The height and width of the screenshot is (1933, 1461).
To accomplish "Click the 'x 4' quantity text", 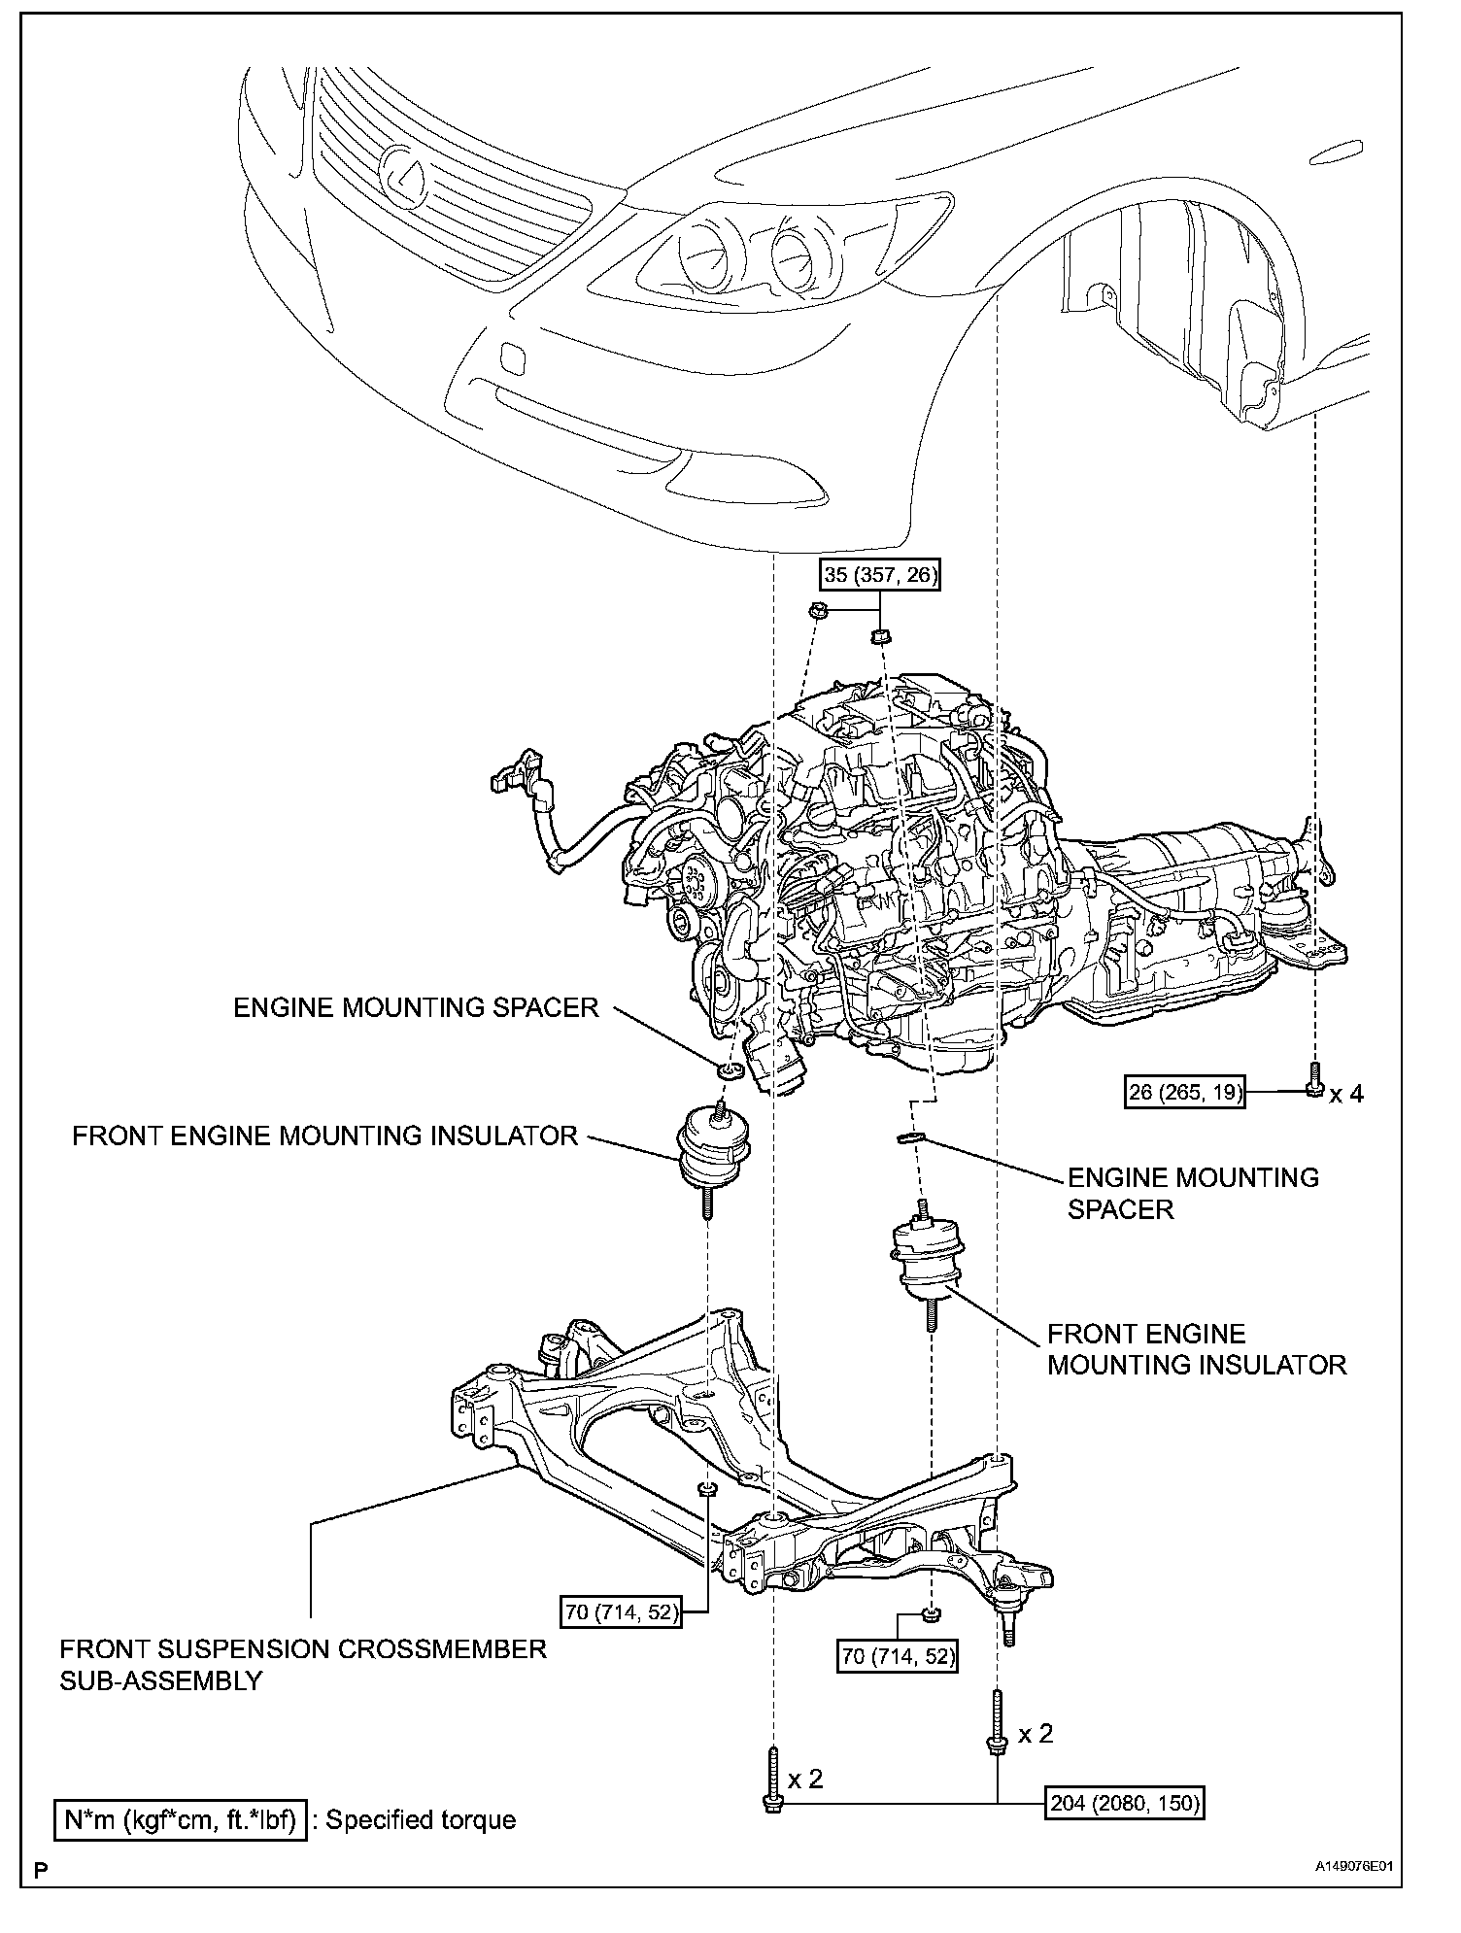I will tap(1346, 1094).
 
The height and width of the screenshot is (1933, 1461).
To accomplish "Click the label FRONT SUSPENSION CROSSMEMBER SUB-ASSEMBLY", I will tap(303, 1665).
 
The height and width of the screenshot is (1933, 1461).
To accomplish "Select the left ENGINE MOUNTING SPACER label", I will tap(416, 1007).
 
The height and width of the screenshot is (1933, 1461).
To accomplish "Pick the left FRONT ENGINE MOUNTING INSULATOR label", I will tap(324, 1136).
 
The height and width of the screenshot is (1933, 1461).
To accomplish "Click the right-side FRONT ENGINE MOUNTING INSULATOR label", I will tap(1197, 1349).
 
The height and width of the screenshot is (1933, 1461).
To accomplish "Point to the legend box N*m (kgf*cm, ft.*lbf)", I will tap(180, 1819).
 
